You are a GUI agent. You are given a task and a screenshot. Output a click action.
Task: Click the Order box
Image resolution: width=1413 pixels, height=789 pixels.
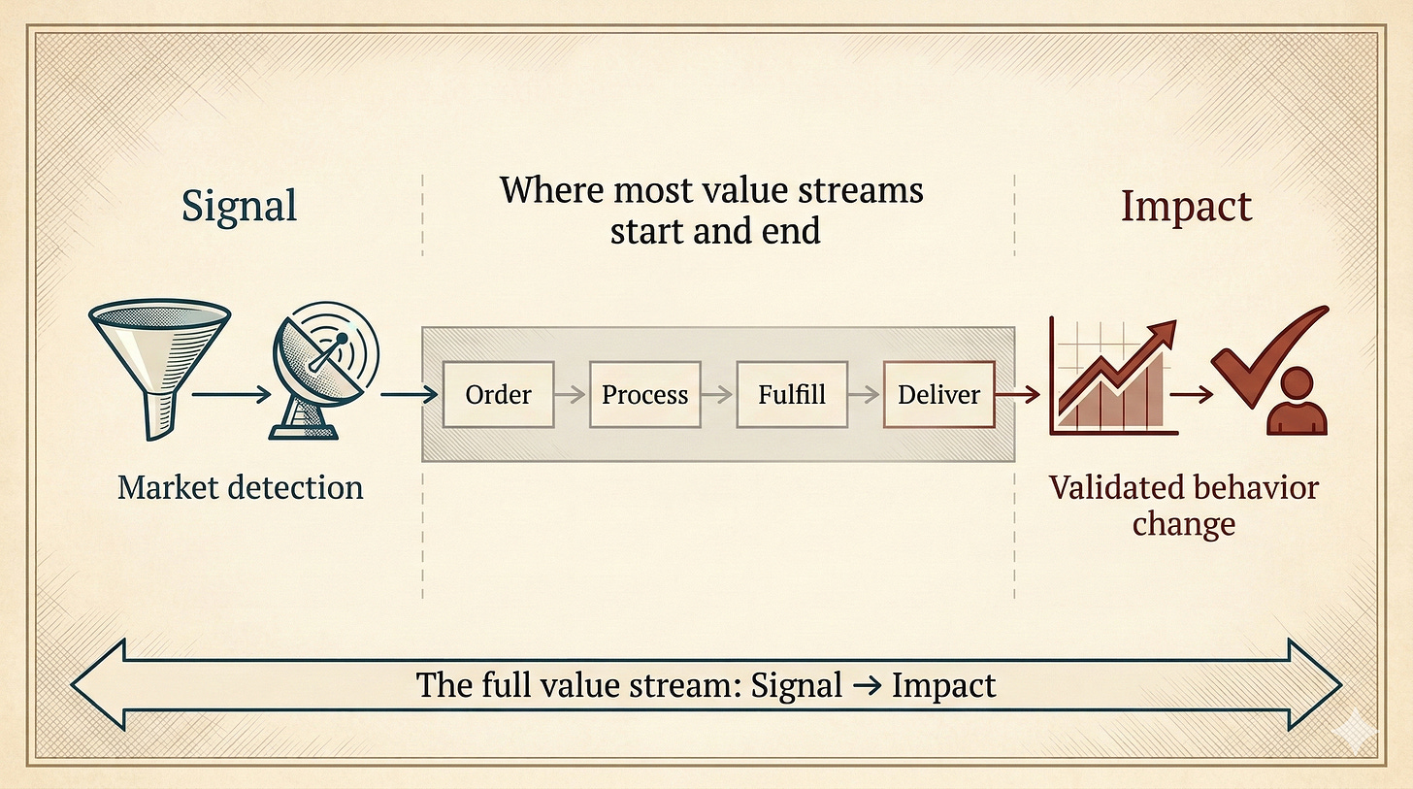coord(498,395)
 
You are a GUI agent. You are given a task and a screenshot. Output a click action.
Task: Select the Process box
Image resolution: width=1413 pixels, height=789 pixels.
coord(644,395)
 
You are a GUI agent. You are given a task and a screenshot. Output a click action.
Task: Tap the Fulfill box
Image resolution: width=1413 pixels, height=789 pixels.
coord(792,395)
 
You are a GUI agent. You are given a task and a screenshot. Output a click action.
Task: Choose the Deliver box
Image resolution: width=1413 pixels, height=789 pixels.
coord(938,395)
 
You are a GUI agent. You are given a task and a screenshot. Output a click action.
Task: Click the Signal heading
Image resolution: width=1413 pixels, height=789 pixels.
coord(239,207)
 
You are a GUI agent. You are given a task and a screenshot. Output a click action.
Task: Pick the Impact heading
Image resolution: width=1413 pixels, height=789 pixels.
coord(1186,207)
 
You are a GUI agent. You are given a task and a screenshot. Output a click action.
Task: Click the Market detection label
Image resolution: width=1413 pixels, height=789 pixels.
coord(240,486)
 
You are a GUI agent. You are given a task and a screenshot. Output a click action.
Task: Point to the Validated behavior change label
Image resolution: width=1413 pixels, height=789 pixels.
coord(1184,505)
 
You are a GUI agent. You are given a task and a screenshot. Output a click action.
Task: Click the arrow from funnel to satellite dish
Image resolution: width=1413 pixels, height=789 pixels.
coord(229,395)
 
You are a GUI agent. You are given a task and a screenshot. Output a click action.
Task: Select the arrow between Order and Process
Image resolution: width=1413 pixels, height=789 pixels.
coord(572,395)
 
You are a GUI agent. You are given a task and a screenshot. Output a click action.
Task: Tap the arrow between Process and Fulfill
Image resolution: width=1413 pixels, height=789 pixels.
coord(718,395)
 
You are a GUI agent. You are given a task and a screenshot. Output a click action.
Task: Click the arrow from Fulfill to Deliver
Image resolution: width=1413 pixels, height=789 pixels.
coord(865,395)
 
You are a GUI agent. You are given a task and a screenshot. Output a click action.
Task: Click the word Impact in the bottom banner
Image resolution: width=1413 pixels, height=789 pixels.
coord(943,685)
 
